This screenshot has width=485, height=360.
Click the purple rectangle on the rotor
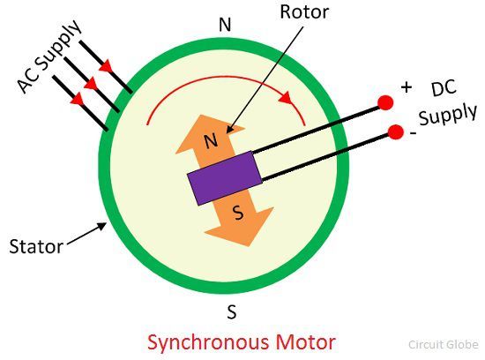(x=225, y=178)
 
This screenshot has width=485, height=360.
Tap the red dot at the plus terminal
(x=385, y=102)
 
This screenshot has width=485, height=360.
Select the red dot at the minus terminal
(x=396, y=132)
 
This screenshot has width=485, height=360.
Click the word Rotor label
(x=304, y=12)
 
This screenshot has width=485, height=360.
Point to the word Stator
(x=36, y=247)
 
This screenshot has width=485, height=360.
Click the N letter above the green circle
(x=225, y=25)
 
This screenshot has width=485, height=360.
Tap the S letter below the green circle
(x=232, y=311)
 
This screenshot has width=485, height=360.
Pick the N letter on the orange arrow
(x=212, y=141)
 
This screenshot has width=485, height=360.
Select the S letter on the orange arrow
(x=238, y=213)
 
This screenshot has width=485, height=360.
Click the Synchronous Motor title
(x=242, y=342)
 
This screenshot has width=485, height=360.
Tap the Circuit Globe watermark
(x=444, y=344)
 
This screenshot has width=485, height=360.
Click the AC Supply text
(x=49, y=56)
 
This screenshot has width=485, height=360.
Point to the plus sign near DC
(x=407, y=87)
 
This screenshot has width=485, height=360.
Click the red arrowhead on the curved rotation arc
(x=286, y=98)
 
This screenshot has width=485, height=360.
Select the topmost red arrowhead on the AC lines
(x=106, y=65)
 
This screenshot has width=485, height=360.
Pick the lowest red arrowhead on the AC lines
(x=77, y=99)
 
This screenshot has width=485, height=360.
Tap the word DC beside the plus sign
(x=444, y=88)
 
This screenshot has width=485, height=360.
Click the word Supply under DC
(x=448, y=116)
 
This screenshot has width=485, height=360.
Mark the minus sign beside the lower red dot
(x=413, y=133)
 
